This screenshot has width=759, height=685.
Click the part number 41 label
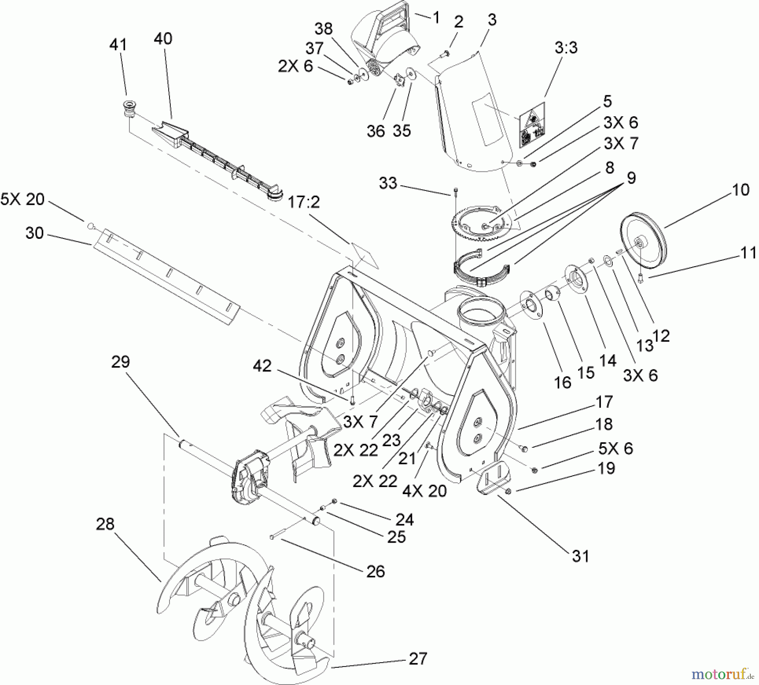(118, 45)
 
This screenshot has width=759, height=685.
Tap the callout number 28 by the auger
(105, 524)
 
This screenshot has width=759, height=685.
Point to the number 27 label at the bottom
(417, 659)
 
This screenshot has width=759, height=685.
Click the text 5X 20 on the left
(22, 199)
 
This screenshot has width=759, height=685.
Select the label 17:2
(304, 203)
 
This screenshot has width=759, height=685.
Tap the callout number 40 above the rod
(163, 39)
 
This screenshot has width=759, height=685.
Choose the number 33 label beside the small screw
(388, 183)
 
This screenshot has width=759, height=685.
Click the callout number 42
(262, 366)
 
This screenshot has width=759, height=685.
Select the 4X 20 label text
(424, 491)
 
